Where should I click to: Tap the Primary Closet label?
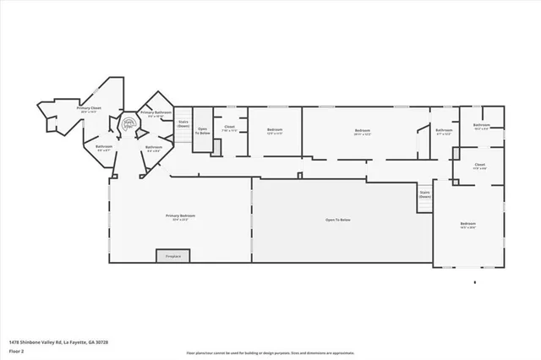[x=90, y=109]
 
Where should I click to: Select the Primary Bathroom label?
[x=156, y=113]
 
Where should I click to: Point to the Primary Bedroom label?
[x=180, y=217]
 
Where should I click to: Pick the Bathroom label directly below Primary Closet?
[x=104, y=147]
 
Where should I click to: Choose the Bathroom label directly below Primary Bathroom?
[x=154, y=148]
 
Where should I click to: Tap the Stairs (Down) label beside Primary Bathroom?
[x=183, y=123]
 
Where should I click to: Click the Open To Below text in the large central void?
[x=338, y=220]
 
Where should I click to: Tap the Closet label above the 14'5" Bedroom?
[x=479, y=166]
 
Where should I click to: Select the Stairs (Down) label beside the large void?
[x=424, y=194]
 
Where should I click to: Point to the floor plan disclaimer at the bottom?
[x=270, y=352]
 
